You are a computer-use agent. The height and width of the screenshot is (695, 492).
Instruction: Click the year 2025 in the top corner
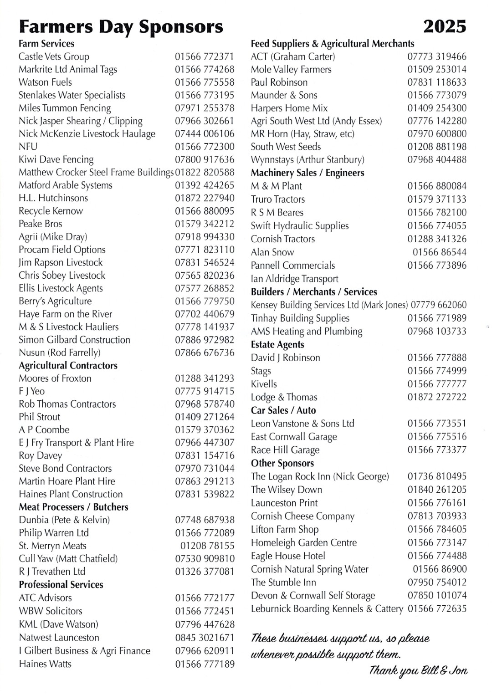point(445,26)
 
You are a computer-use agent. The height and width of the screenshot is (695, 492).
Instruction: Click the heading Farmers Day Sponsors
point(121,27)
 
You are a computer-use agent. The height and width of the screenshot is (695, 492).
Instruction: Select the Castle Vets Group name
point(54,56)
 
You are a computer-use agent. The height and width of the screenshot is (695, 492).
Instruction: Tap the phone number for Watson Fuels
point(205,82)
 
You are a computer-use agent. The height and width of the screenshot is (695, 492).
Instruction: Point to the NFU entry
point(28,147)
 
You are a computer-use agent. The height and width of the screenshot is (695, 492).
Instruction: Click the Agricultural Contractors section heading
point(68,365)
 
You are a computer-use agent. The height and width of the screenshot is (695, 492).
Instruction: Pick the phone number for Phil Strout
point(205,417)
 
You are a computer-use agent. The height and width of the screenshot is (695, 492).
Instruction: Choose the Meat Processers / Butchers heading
point(73,507)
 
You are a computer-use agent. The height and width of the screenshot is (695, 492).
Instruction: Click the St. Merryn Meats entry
point(52,546)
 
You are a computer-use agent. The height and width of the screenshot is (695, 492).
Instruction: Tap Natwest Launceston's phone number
point(205,638)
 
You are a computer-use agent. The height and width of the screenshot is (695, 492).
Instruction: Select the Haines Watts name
point(45,664)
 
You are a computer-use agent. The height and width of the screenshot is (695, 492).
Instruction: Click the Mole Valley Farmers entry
point(291,70)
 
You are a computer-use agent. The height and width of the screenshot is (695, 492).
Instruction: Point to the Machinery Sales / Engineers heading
point(307,173)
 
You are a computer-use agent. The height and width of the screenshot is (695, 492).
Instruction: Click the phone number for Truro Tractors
point(437,199)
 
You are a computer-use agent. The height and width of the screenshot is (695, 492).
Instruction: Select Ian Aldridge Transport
point(295,279)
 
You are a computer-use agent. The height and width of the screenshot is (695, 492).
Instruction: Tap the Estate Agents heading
point(277,344)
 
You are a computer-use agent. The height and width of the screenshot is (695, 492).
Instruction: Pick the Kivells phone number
point(437,384)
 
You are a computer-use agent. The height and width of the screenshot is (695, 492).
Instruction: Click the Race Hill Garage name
point(285,450)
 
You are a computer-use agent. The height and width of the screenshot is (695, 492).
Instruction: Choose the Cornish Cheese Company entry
point(302,516)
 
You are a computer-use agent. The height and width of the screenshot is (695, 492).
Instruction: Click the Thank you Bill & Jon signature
point(418,670)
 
